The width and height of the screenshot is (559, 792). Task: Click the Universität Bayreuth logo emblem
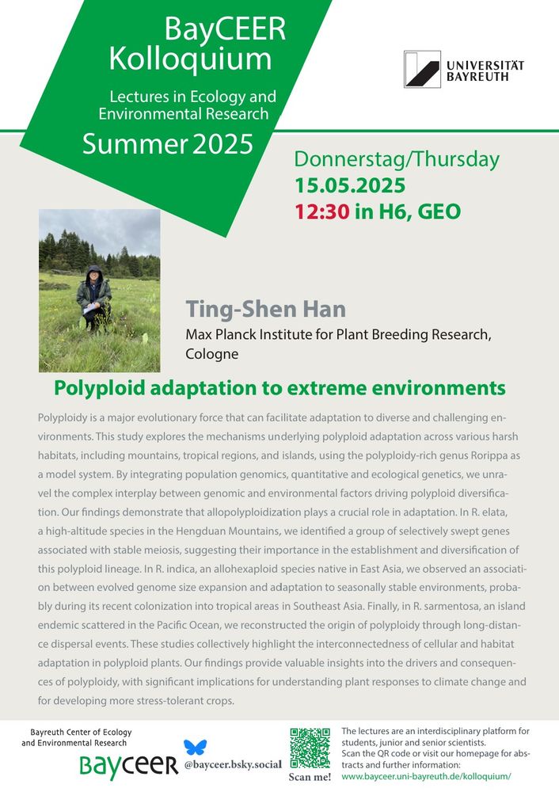pos(422,69)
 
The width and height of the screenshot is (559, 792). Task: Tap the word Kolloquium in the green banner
pos(190,59)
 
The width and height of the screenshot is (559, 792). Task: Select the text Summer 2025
pos(168,143)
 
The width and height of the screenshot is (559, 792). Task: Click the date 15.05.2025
pos(350,185)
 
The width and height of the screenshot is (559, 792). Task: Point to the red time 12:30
pos(322,211)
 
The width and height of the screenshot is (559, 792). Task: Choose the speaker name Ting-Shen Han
pos(265,309)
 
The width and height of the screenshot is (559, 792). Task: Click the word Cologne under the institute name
pos(212,354)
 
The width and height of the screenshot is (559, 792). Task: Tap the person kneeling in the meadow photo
pos(93,298)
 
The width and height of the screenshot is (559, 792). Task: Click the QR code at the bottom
pos(310,748)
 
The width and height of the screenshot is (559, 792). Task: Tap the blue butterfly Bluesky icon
pos(195,747)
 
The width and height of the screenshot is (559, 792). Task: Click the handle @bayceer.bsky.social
pos(233,764)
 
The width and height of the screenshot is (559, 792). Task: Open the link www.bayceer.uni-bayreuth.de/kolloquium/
pos(426,776)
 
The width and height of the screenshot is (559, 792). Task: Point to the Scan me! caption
pos(310,777)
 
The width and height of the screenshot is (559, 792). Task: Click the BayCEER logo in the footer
pos(129,765)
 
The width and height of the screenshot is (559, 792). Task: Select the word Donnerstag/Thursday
pos(397,160)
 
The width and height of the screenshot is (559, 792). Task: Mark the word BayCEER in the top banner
pos(225,29)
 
